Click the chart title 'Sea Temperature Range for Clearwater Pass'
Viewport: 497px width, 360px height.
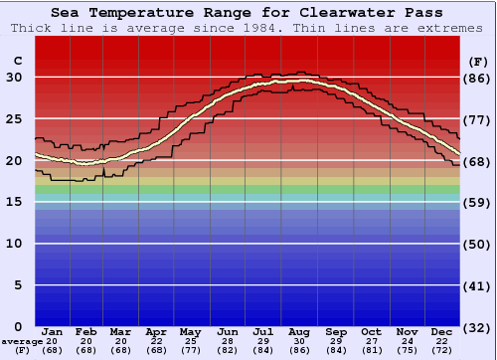pyautogui.click(x=248, y=12)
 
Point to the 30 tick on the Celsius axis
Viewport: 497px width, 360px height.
pyautogui.click(x=15, y=78)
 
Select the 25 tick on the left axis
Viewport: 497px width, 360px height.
pyautogui.click(x=15, y=119)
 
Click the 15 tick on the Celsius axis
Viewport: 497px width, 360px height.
pyautogui.click(x=15, y=202)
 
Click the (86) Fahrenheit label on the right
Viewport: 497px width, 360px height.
pyautogui.click(x=478, y=78)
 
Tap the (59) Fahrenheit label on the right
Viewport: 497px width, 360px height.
pyautogui.click(x=478, y=202)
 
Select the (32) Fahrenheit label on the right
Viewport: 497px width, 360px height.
pyautogui.click(x=478, y=327)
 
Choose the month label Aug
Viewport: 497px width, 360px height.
pyautogui.click(x=299, y=331)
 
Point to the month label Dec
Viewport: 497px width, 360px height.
pyautogui.click(x=442, y=331)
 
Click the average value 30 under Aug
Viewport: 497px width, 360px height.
pyautogui.click(x=299, y=341)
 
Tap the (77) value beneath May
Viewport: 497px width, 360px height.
pyautogui.click(x=192, y=350)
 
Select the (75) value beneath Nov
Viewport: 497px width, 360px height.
pyautogui.click(x=407, y=350)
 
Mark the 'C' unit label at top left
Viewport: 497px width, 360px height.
pyautogui.click(x=17, y=61)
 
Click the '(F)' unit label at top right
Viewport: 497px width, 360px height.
pyautogui.click(x=477, y=61)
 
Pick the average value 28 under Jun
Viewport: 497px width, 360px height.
pyautogui.click(x=228, y=341)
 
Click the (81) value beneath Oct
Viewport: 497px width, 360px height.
pyautogui.click(x=371, y=350)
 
